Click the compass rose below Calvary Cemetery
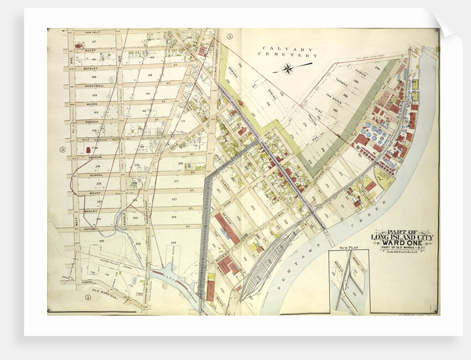288,69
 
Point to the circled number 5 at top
229,37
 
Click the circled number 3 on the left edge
63,149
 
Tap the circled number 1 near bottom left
87,297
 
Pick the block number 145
94,76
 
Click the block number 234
173,241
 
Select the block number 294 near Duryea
376,68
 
